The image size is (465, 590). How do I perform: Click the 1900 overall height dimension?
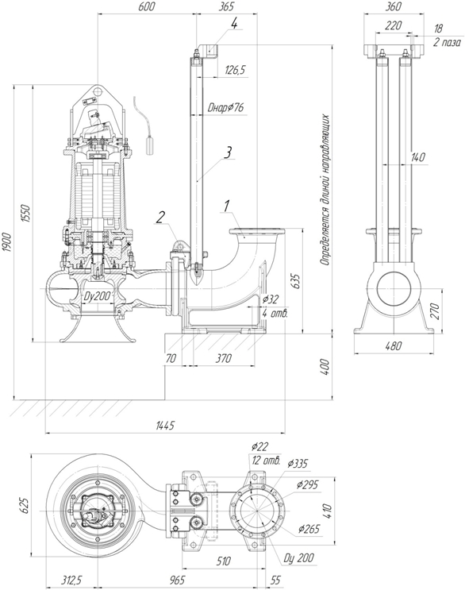[7, 243]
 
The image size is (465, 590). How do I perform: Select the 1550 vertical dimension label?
[25, 213]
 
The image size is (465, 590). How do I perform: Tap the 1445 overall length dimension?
[165, 426]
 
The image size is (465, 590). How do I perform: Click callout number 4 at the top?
[234, 24]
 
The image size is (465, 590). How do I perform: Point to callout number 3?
[229, 152]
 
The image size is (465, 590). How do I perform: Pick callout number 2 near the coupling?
[161, 217]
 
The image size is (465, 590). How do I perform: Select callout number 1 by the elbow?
[227, 206]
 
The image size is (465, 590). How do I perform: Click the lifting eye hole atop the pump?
[98, 91]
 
